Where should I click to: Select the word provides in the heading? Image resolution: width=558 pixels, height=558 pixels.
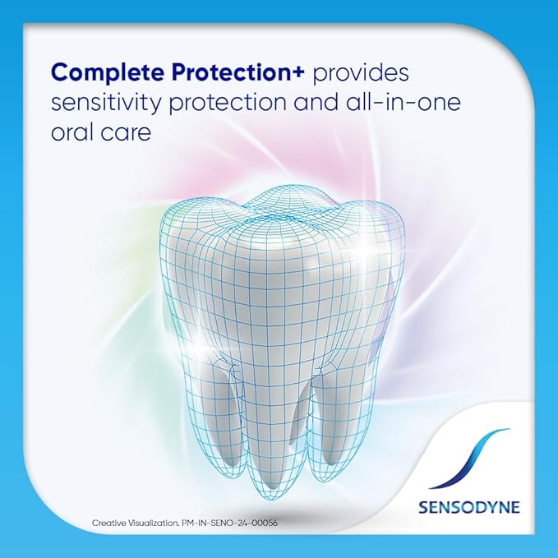pos(361,73)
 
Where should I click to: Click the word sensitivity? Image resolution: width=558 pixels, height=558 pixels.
pos(107,104)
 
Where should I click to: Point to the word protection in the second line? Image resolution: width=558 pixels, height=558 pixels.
pos(228,104)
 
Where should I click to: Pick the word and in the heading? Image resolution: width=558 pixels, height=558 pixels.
pos(316,103)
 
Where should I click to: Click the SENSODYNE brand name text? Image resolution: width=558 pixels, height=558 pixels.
pos(469,507)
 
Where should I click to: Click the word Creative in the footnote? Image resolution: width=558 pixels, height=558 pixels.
pos(107,523)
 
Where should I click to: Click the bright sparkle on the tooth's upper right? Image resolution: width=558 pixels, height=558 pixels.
pos(366,252)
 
